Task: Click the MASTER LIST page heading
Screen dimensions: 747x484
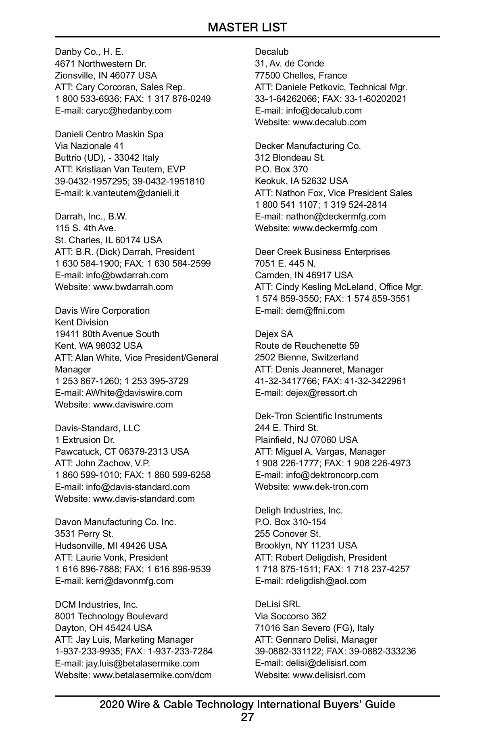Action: tap(247, 27)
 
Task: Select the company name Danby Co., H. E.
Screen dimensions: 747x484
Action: tap(89, 52)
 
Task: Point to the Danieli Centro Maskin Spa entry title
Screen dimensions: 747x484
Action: tap(109, 134)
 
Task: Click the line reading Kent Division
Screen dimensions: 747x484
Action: tap(81, 322)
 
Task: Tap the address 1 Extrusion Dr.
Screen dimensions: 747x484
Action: tap(85, 440)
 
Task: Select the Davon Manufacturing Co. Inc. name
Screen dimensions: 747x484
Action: tap(115, 522)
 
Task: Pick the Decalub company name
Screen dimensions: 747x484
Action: tap(271, 52)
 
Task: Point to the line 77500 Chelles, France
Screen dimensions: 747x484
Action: tap(300, 75)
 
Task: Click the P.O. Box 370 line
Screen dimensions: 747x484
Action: tap(281, 169)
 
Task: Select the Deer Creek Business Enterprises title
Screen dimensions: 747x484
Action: tap(322, 252)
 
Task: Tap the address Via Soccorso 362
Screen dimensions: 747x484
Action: tap(290, 616)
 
